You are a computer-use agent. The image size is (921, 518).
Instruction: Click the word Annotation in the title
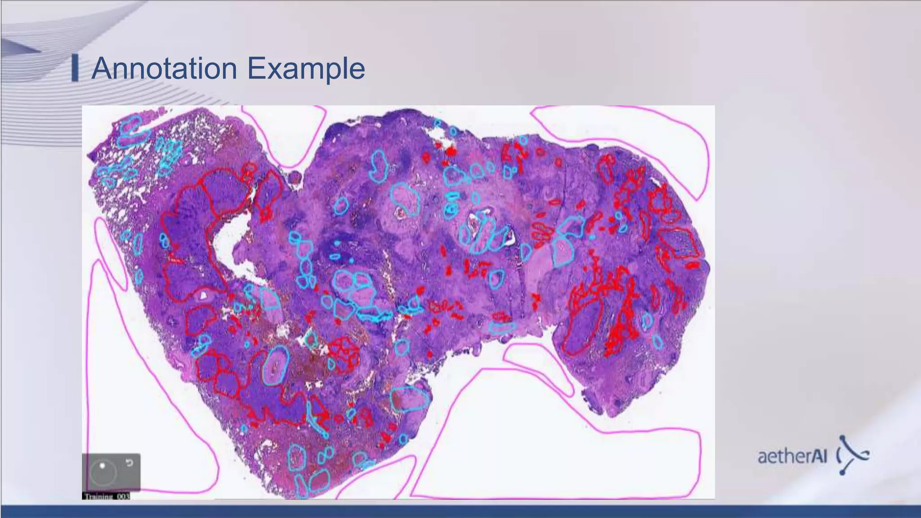(164, 68)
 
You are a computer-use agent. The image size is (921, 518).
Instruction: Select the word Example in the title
(306, 68)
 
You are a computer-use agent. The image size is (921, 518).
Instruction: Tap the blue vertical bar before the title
(75, 68)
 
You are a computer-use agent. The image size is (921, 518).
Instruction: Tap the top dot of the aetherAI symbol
(842, 437)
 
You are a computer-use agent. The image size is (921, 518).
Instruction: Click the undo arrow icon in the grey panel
(129, 463)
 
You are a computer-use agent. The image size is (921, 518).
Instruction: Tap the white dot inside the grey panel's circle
(103, 466)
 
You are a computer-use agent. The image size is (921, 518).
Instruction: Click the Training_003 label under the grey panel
(106, 496)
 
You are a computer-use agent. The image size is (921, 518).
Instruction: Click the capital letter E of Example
(255, 68)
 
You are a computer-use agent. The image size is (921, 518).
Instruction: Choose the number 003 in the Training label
(123, 496)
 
